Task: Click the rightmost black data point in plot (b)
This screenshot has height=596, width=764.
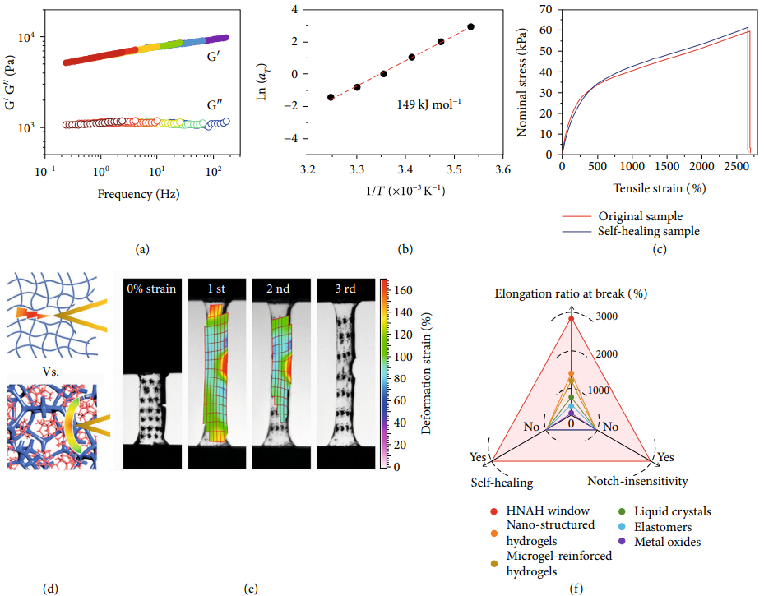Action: pyautogui.click(x=471, y=26)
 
